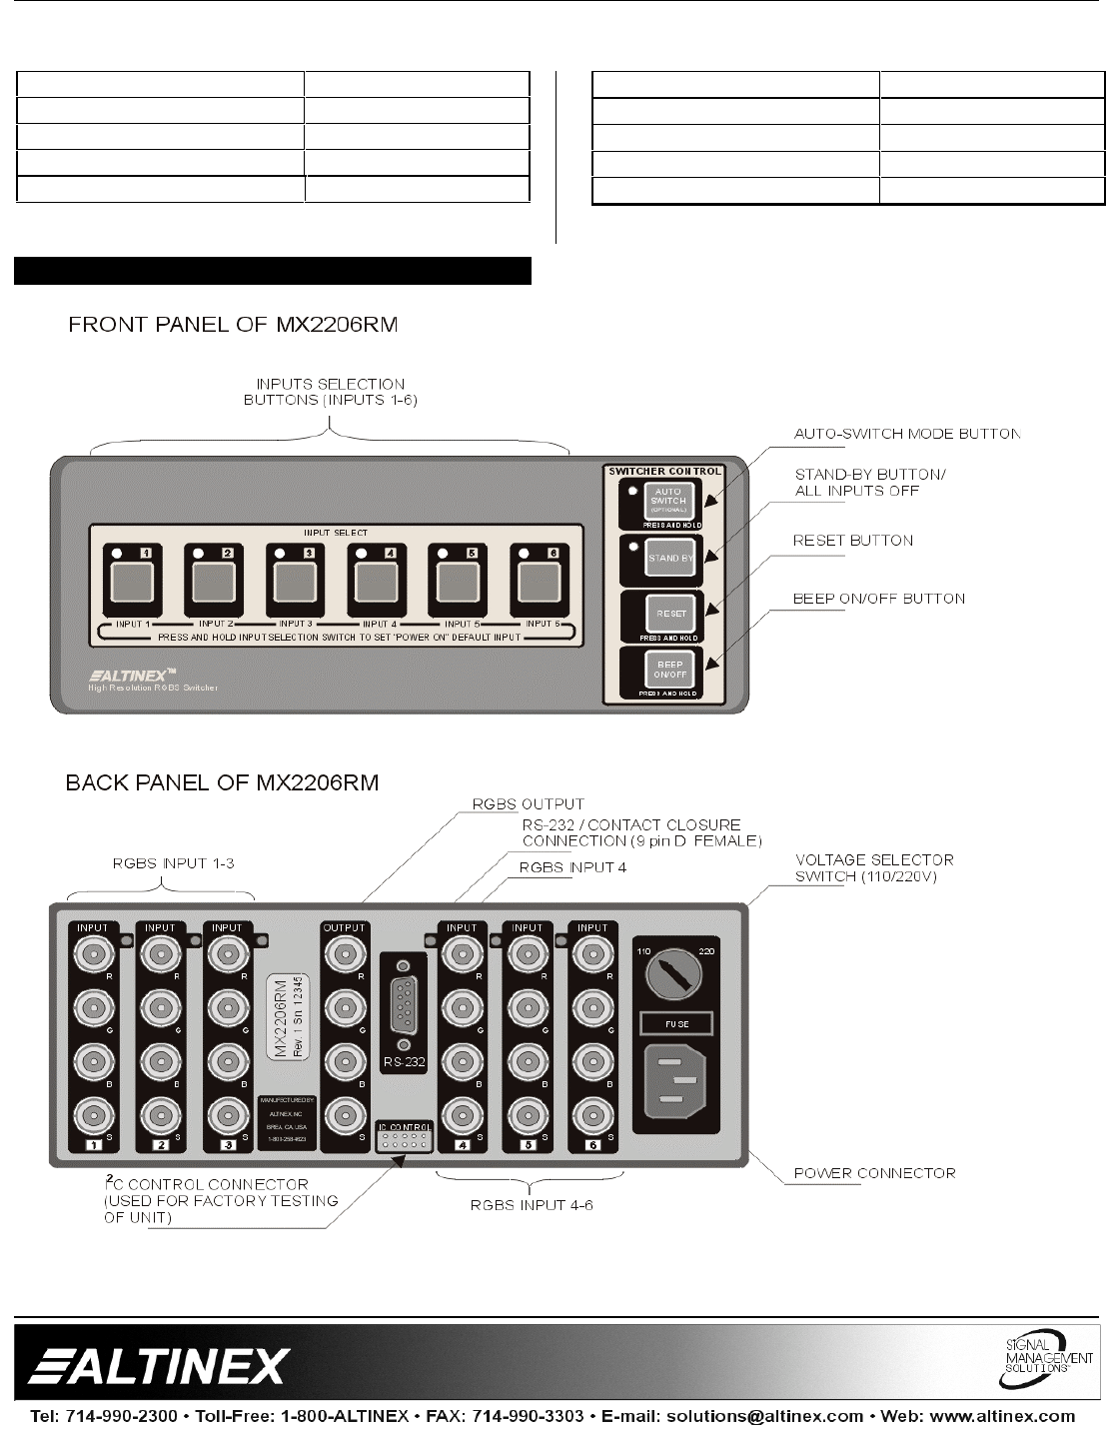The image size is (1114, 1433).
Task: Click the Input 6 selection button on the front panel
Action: click(x=535, y=584)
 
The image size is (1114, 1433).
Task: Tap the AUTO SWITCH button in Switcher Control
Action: click(x=668, y=499)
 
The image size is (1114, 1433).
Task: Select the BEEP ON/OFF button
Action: click(x=668, y=669)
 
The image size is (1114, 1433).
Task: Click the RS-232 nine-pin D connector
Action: click(x=404, y=1006)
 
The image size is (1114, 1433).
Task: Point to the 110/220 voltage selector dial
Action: click(x=669, y=972)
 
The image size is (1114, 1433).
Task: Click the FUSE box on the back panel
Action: click(x=675, y=1023)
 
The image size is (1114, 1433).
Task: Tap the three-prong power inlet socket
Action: click(x=675, y=1082)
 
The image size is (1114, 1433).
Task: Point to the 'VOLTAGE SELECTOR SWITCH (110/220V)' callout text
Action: click(x=873, y=867)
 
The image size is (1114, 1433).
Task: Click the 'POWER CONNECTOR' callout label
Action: click(x=874, y=1173)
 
